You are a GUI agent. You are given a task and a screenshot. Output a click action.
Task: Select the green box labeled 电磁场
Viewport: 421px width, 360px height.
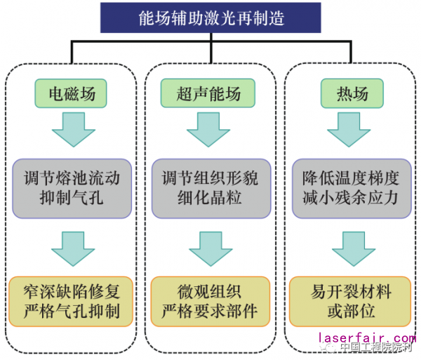click(x=71, y=93)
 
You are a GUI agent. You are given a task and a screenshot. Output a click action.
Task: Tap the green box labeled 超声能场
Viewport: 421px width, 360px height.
click(x=210, y=93)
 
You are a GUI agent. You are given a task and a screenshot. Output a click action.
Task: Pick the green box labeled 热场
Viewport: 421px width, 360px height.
click(x=349, y=93)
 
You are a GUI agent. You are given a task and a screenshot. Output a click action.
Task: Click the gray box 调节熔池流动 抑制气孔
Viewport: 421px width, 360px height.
click(x=71, y=187)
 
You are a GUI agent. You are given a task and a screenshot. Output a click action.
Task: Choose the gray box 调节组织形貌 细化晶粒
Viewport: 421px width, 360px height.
click(x=210, y=187)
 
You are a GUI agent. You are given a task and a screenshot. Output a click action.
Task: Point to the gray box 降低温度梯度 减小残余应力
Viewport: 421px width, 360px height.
click(x=349, y=187)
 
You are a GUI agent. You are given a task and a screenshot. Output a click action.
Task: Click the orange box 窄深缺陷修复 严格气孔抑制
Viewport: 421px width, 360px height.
click(x=71, y=300)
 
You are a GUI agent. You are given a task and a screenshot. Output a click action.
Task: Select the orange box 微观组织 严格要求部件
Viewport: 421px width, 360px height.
click(x=210, y=300)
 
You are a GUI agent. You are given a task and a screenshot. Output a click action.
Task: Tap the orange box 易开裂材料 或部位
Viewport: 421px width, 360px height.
click(x=349, y=300)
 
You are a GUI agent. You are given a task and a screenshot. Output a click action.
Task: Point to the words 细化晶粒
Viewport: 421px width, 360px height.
click(x=210, y=198)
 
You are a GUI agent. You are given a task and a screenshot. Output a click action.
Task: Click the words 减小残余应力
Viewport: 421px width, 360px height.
click(x=349, y=198)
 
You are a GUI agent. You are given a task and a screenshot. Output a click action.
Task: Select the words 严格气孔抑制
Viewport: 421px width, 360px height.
click(x=71, y=311)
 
